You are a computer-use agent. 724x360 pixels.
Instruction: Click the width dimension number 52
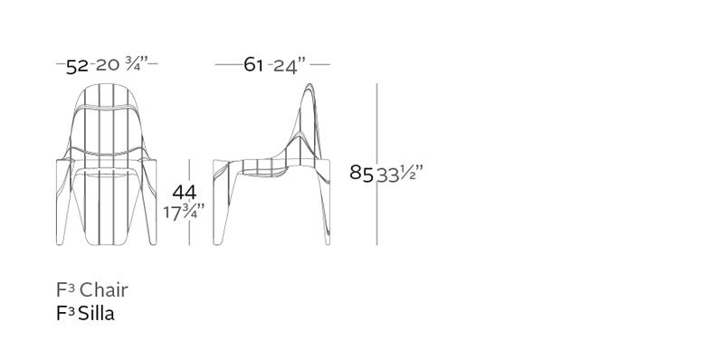coord(77,66)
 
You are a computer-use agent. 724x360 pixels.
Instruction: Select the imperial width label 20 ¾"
coord(122,64)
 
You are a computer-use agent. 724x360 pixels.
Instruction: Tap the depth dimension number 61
coord(253,64)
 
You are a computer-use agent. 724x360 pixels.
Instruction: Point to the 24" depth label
coord(290,66)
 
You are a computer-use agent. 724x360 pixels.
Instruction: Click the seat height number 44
coord(185,193)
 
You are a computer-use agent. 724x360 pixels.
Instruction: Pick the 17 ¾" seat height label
coord(184,212)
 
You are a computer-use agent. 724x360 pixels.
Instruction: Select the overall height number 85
coord(361,173)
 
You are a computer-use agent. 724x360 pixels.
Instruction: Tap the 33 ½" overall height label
coord(400,174)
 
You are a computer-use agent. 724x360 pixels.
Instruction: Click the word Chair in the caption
coord(103,290)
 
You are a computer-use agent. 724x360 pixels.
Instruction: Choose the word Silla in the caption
coord(96,313)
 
